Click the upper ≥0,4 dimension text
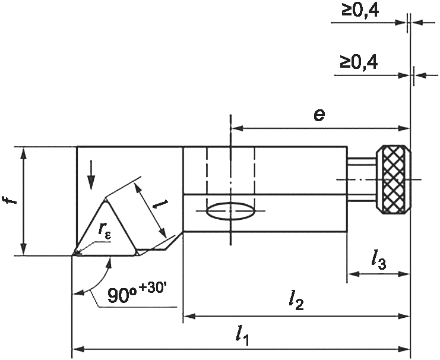pyautogui.click(x=360, y=10)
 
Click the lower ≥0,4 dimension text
pyautogui.click(x=359, y=62)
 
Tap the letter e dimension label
pyautogui.click(x=319, y=115)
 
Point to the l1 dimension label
pyautogui.click(x=242, y=336)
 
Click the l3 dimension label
pyautogui.click(x=378, y=261)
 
